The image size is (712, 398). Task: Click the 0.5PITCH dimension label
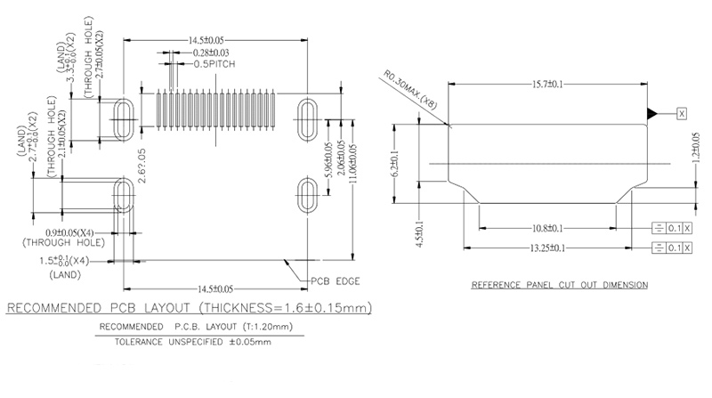215,65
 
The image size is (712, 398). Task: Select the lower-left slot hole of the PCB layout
124,196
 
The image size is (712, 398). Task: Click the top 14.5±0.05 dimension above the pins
206,40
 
